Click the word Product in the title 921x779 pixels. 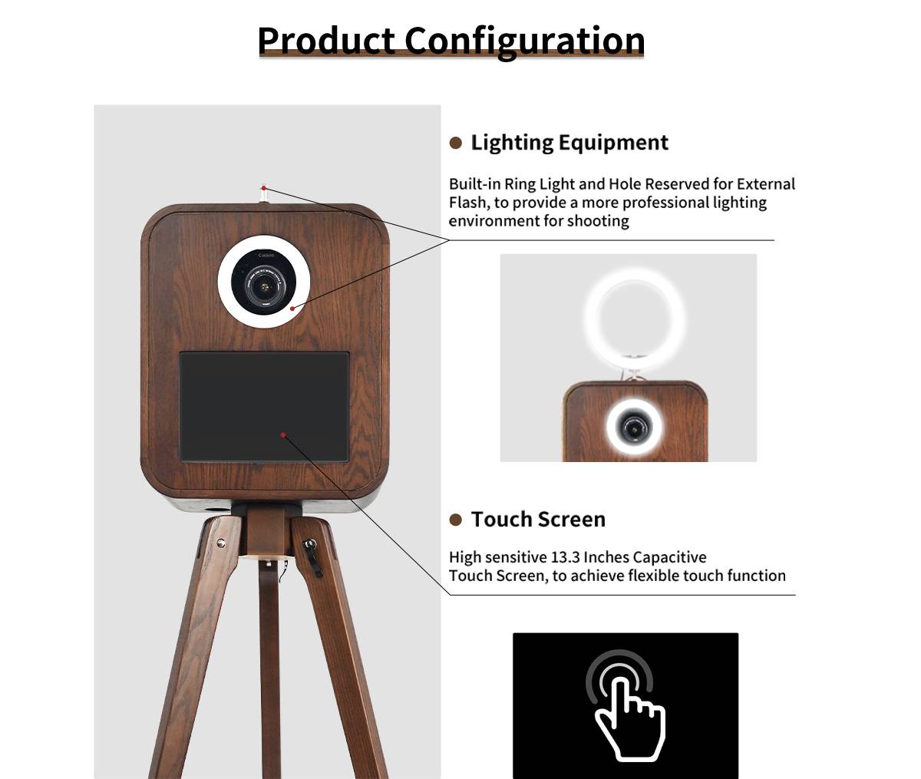326,41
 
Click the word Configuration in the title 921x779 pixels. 524,42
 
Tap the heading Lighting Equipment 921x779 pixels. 569,144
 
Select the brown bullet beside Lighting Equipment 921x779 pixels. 455,143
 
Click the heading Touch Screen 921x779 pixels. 538,520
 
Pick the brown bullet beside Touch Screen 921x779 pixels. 455,520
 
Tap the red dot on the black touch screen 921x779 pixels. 283,435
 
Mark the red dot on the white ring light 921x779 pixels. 292,309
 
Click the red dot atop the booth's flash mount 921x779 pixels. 264,188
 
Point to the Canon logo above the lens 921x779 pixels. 266,256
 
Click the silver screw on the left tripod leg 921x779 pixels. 220,543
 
